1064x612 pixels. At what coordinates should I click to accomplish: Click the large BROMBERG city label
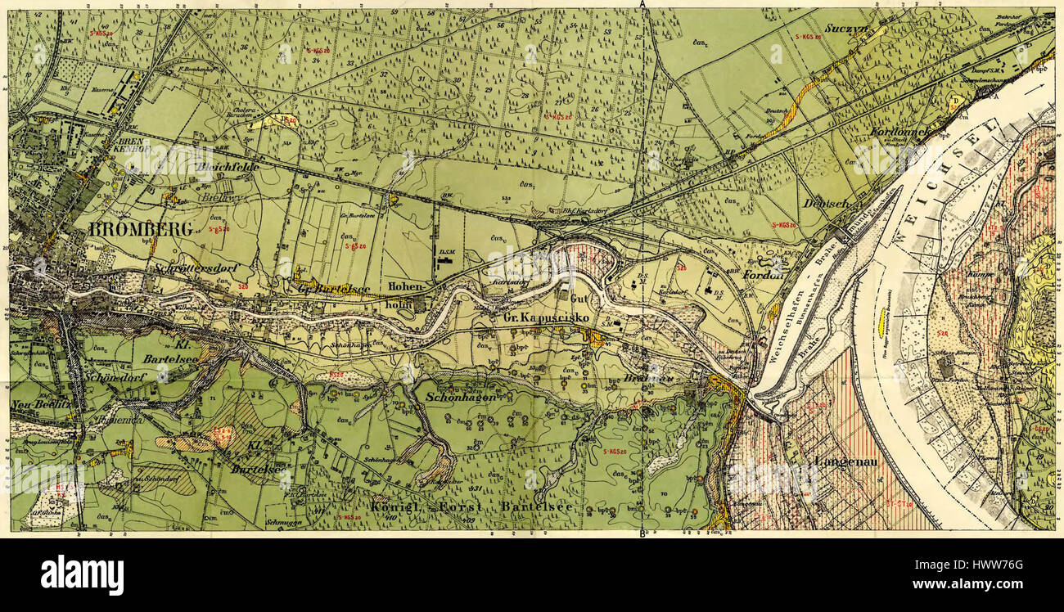(140, 229)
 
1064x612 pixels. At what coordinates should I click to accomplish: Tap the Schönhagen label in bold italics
(459, 396)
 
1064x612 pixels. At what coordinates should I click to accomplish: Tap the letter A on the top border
(644, 5)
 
